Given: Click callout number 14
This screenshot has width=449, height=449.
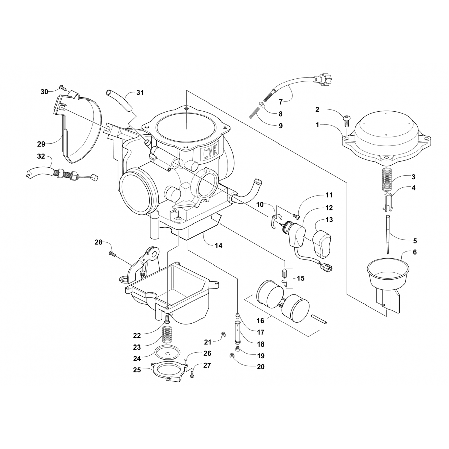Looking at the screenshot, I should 219,245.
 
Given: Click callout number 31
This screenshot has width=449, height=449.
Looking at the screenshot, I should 140,93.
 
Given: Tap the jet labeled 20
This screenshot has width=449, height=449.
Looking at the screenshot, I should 231,356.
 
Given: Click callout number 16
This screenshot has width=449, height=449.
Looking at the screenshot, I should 260,321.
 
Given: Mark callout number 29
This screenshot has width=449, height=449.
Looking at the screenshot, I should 41,144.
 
